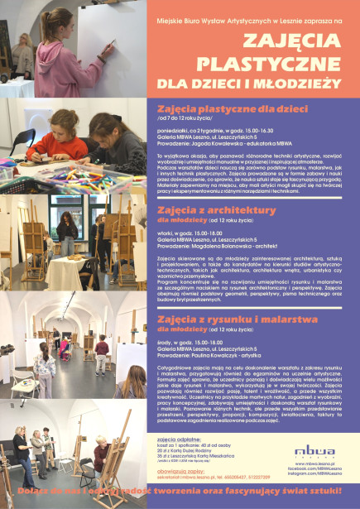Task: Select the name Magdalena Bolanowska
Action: (x=224, y=244)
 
